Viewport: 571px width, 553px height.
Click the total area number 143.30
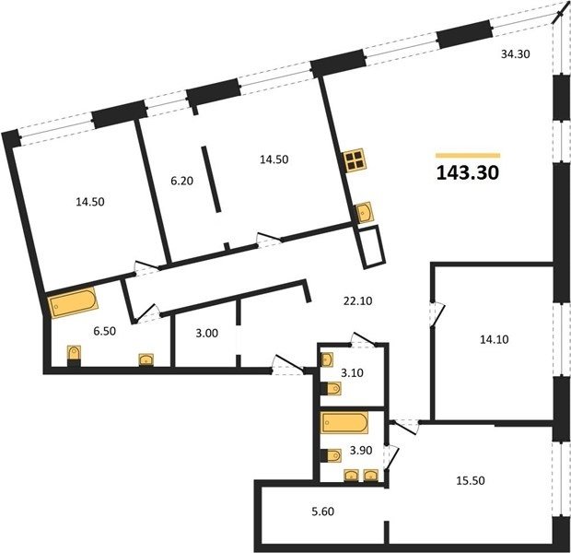click(468, 172)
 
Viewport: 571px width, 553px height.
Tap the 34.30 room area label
click(516, 54)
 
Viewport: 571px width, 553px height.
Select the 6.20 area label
click(181, 181)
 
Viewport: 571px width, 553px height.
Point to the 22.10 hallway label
click(357, 300)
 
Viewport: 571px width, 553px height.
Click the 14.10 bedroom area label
click(495, 339)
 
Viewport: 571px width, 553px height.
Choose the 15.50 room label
click(471, 480)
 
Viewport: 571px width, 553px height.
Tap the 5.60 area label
click(323, 512)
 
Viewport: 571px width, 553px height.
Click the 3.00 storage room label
click(207, 333)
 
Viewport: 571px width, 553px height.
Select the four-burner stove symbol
click(355, 159)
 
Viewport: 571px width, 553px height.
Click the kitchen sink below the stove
click(365, 212)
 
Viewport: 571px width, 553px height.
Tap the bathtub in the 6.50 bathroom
click(73, 302)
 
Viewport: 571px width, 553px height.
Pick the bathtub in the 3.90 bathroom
click(344, 422)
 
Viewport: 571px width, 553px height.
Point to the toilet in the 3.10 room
click(331, 388)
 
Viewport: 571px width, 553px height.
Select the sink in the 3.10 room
click(326, 359)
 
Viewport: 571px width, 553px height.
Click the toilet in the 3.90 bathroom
click(331, 455)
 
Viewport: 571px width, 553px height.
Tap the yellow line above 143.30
click(468, 156)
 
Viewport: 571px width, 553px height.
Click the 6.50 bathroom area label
click(104, 331)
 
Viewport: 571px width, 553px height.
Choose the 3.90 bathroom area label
click(361, 450)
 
